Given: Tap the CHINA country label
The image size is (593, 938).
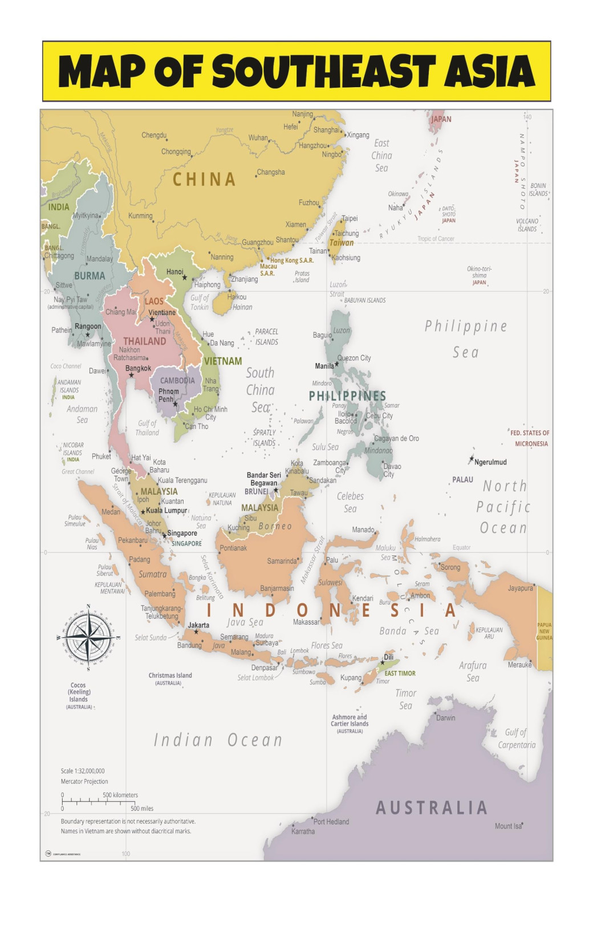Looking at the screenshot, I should (x=204, y=180).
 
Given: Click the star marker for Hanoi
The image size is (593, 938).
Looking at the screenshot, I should (x=184, y=278).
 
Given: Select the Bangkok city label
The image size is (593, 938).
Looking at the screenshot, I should (x=138, y=368).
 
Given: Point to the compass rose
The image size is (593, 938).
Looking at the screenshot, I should (x=88, y=637).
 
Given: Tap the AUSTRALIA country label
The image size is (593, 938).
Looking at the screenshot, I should (x=432, y=808).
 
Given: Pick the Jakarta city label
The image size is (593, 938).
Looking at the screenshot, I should (x=198, y=625).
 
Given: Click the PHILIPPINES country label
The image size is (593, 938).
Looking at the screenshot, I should (x=347, y=395).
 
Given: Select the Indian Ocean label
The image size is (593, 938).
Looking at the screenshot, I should (x=218, y=740).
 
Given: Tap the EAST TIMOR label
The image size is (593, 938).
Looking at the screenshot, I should (x=400, y=673).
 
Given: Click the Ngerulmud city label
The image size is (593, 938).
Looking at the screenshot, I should (x=490, y=462).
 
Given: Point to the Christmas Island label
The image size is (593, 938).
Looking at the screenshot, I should (x=170, y=675).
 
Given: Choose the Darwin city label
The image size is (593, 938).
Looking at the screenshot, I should (x=445, y=717).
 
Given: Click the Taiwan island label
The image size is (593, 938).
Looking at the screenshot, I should (x=342, y=243).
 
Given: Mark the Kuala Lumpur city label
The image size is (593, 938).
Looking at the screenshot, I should (x=166, y=511).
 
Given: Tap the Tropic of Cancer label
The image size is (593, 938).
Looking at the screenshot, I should (x=436, y=239).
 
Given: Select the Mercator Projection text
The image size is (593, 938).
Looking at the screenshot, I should (x=84, y=781).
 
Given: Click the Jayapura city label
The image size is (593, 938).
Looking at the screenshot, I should (x=520, y=588).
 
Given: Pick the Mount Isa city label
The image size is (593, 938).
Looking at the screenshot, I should (x=507, y=826).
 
